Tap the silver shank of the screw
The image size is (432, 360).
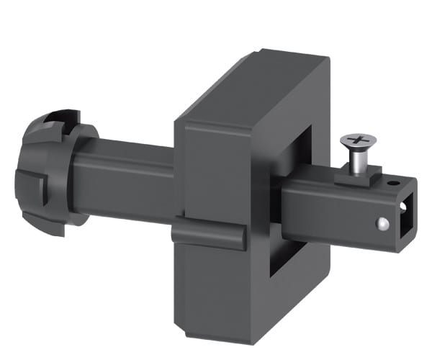355,163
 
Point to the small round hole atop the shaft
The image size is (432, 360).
392,184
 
